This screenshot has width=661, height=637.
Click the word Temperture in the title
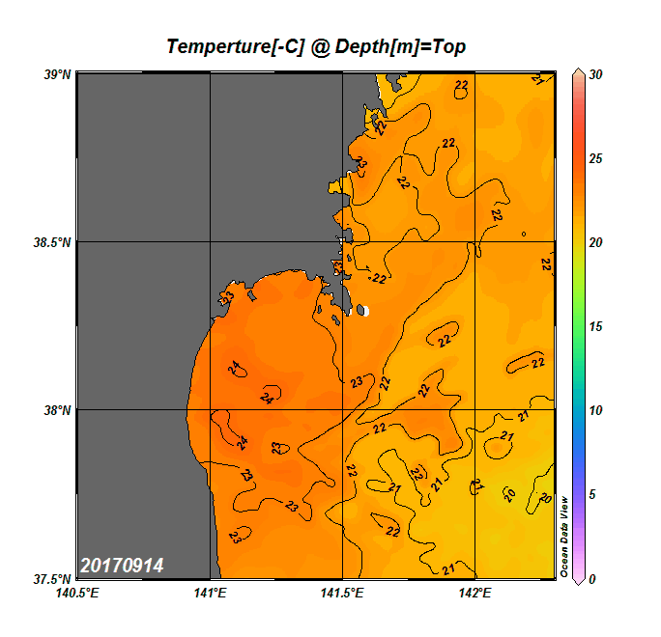(x=216, y=47)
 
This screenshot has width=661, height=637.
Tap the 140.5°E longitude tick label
(x=79, y=594)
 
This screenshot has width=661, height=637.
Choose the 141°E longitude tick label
(x=210, y=594)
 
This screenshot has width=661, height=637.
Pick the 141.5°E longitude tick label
(x=343, y=594)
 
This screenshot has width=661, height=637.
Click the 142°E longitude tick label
(x=475, y=594)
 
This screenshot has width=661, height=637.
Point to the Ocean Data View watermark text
(x=566, y=537)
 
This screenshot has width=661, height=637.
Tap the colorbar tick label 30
(x=596, y=74)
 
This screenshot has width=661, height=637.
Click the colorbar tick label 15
(x=596, y=327)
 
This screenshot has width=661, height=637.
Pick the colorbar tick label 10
(x=596, y=411)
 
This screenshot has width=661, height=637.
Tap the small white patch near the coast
(x=364, y=311)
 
